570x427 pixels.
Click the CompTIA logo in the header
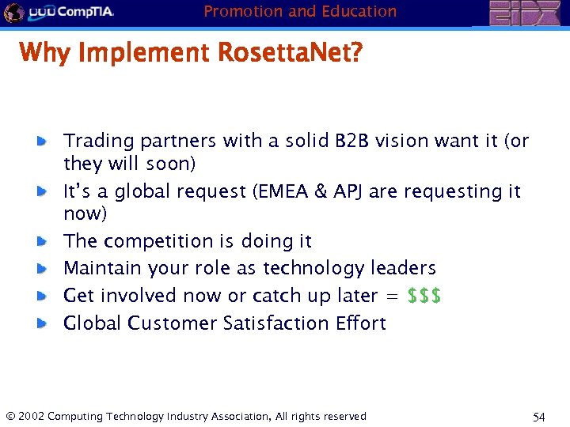[x=71, y=13]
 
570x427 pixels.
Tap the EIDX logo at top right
[x=523, y=13]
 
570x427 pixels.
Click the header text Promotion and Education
[x=300, y=11]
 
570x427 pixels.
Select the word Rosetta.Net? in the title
[x=290, y=53]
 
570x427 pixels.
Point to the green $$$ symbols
[x=424, y=296]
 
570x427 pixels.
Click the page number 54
[x=540, y=417]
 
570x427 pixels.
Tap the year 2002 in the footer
[x=31, y=417]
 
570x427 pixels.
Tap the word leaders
[x=401, y=268]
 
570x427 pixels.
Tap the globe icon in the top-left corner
[x=13, y=13]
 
